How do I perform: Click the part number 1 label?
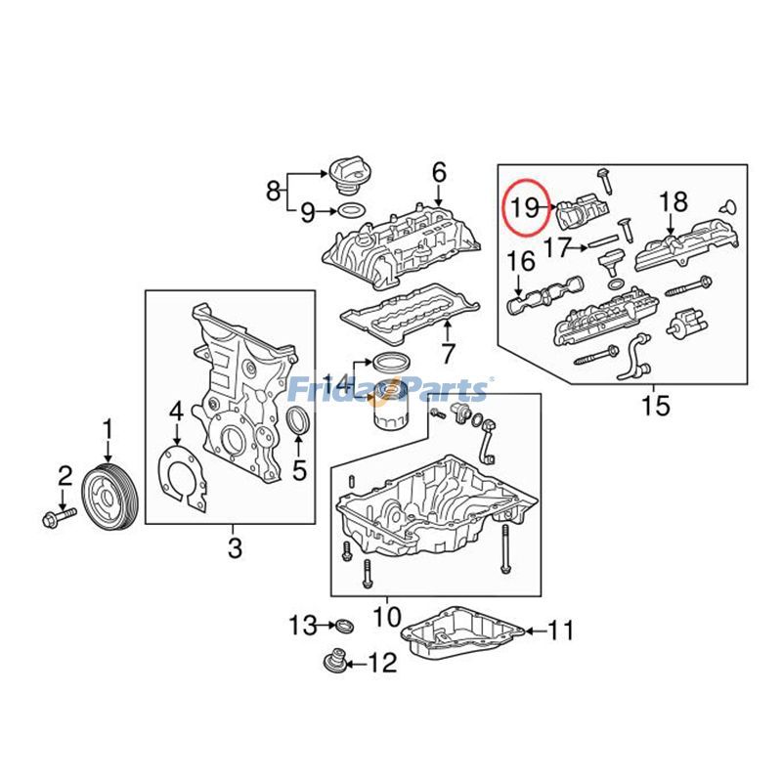click(x=108, y=429)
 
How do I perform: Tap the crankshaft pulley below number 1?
click(x=109, y=498)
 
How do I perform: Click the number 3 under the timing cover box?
click(x=235, y=549)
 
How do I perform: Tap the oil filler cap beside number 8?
click(x=348, y=173)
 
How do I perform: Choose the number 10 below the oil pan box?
click(x=387, y=617)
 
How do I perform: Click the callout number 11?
click(x=561, y=631)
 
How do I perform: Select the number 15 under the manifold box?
click(x=657, y=404)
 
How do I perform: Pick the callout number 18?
click(x=673, y=202)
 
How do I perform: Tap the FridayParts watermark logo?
click(x=391, y=391)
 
